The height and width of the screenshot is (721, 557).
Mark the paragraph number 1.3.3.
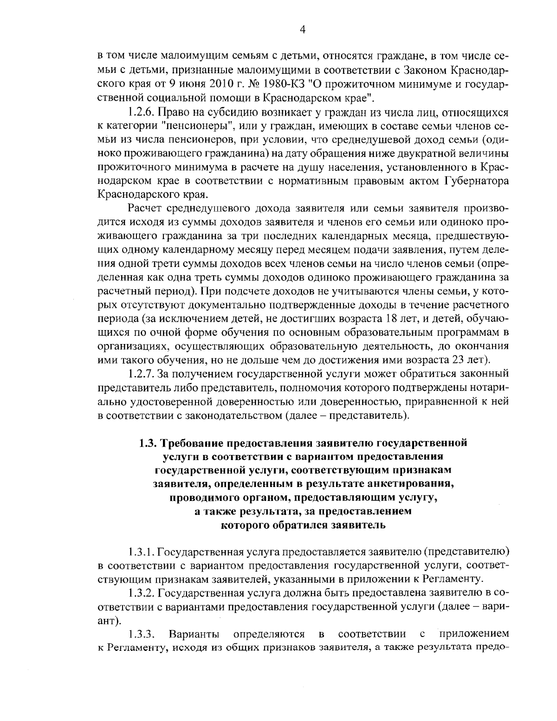click(x=141, y=634)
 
